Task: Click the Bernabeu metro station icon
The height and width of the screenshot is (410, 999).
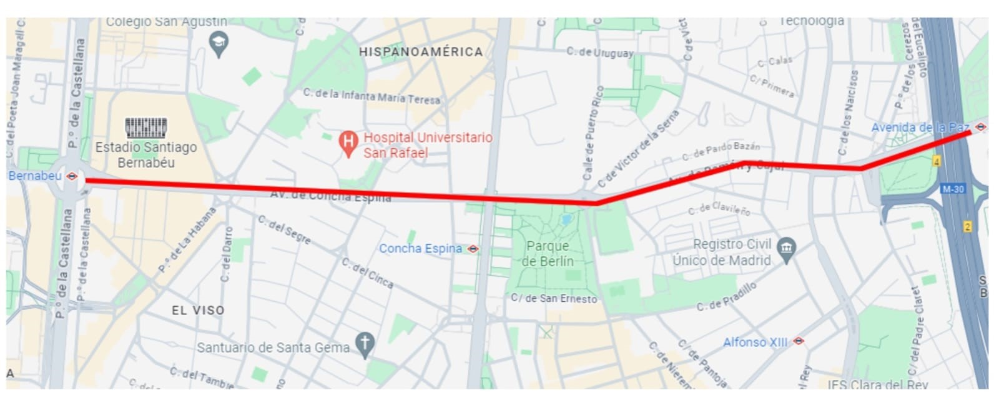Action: click(72, 176)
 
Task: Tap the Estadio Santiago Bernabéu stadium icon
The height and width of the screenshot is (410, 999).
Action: click(146, 127)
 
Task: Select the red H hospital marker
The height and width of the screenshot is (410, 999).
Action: click(347, 143)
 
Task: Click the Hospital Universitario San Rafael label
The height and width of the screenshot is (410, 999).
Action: click(428, 145)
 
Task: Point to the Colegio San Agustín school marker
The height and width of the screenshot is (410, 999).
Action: click(219, 44)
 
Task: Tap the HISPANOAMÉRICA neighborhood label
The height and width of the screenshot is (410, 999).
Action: click(421, 52)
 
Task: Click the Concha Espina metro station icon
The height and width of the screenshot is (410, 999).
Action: click(473, 249)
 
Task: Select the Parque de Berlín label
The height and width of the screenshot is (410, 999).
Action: click(548, 254)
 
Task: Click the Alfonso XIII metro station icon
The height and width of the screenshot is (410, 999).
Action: click(799, 341)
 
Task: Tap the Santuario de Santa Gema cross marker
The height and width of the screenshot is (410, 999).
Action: click(365, 343)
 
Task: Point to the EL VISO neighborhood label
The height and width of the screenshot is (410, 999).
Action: click(198, 311)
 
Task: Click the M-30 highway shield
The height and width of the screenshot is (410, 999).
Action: click(953, 189)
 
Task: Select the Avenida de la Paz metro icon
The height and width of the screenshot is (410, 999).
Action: click(981, 127)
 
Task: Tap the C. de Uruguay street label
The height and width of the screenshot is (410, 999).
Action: click(600, 52)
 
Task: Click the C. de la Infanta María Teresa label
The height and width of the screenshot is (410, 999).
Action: click(372, 96)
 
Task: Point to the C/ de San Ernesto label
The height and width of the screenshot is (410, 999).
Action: click(554, 299)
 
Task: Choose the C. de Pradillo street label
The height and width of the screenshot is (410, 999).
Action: click(727, 297)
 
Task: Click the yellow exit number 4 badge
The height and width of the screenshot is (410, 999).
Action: click(937, 161)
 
